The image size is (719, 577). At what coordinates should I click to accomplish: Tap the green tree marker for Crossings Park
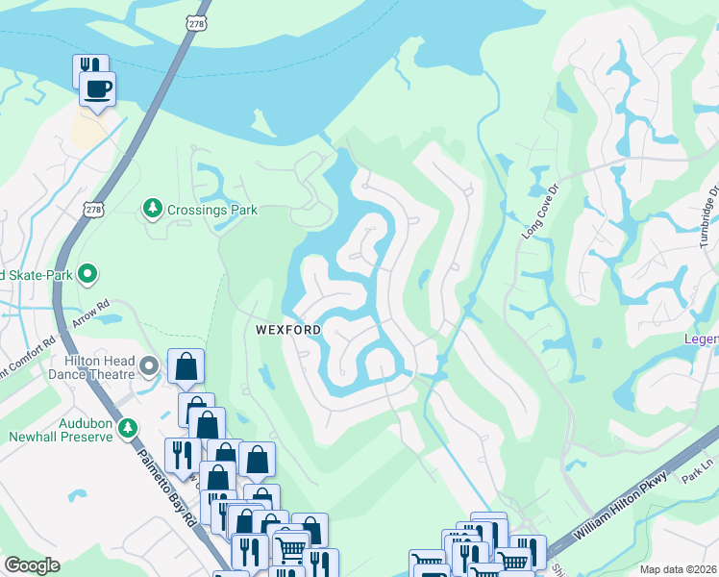[151, 208]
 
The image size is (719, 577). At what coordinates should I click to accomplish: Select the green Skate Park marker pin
[87, 275]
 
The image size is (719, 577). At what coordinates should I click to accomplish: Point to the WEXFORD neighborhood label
[287, 329]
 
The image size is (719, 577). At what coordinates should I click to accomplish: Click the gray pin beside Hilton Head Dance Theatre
[149, 365]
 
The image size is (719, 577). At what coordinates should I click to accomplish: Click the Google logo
[33, 565]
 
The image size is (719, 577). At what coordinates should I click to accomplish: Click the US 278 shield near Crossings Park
[92, 209]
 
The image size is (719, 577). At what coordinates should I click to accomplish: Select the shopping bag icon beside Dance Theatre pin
[186, 366]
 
